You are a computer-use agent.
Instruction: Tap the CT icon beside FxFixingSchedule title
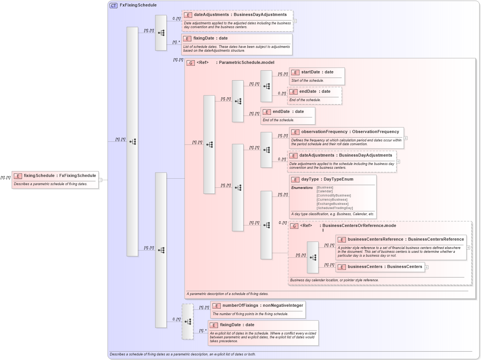[113, 6]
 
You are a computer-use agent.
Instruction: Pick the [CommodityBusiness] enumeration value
[333, 195]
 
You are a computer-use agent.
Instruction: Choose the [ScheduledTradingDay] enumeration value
[334, 208]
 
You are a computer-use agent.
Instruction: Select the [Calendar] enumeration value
[324, 191]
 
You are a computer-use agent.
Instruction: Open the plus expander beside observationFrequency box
[406, 138]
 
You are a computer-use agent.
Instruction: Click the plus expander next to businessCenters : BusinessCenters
[427, 267]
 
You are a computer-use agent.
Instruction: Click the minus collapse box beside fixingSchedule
[100, 180]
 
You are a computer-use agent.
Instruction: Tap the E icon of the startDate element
[295, 72]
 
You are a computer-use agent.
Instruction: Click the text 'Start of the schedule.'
[307, 81]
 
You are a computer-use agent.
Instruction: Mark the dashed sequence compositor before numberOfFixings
[188, 322]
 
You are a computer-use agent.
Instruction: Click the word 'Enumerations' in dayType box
[302, 187]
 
